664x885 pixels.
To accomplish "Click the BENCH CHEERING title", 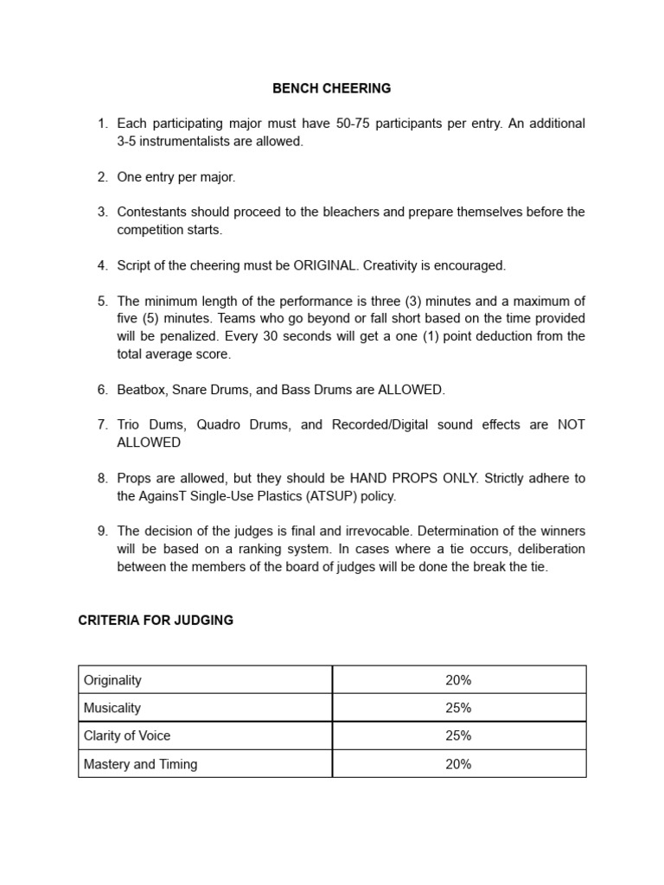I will [x=332, y=88].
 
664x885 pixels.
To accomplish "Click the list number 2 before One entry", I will [x=102, y=176].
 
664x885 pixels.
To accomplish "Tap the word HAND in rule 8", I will [x=367, y=478].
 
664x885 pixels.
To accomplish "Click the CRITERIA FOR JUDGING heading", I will [x=156, y=621].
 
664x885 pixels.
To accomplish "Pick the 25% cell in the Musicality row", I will [x=458, y=708].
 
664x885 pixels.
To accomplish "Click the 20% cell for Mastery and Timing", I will [x=458, y=764].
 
